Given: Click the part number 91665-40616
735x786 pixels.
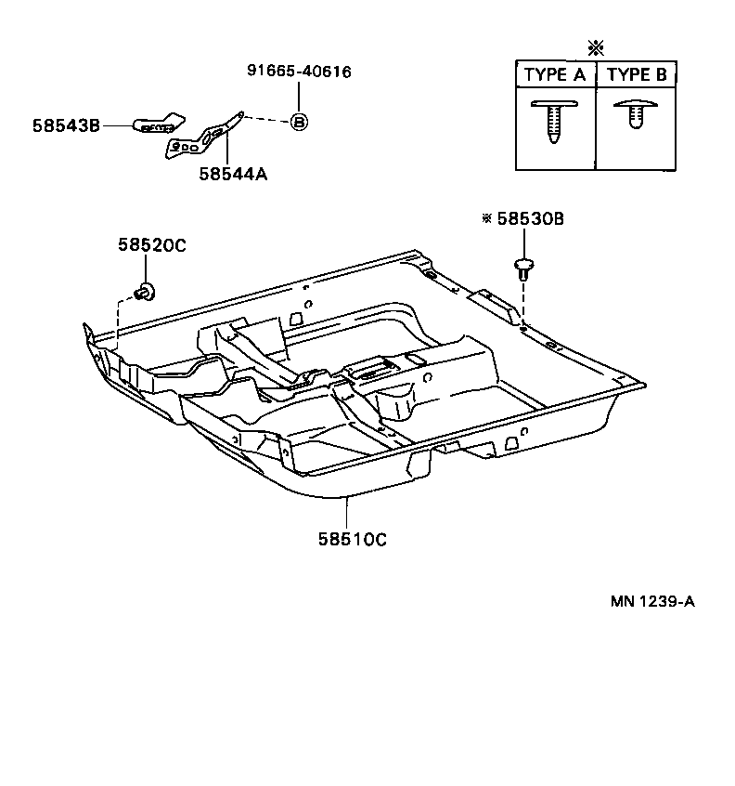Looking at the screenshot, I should point(298,72).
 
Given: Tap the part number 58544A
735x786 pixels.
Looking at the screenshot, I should point(231,173).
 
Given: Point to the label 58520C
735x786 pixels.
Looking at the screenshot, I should point(152,245).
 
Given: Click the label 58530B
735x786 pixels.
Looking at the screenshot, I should point(530,219).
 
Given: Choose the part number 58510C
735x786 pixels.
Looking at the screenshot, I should point(353,538).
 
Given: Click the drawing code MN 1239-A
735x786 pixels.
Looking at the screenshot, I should point(651,600).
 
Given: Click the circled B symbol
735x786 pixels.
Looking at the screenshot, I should point(299,122).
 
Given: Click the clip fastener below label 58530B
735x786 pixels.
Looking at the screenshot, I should point(524,269).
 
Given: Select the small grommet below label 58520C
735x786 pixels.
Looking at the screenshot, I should point(146,292).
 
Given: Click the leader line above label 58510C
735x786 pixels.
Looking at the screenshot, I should point(348,512).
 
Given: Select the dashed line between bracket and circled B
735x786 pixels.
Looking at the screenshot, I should point(267,118).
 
